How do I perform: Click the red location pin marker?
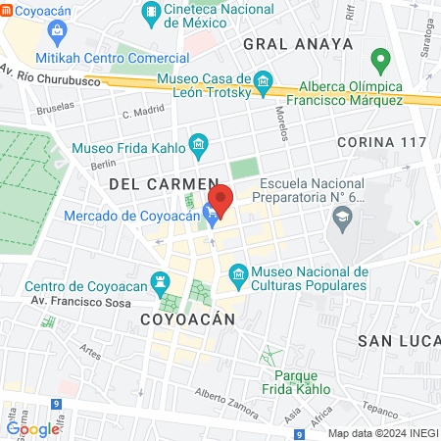(x=220, y=199)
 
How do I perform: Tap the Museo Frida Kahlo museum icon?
(x=198, y=148)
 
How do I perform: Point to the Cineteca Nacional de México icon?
(x=152, y=11)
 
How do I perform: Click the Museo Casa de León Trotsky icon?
(x=262, y=79)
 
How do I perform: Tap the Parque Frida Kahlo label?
(x=297, y=382)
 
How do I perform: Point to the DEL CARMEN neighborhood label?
(x=162, y=183)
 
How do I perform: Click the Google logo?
(x=33, y=428)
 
